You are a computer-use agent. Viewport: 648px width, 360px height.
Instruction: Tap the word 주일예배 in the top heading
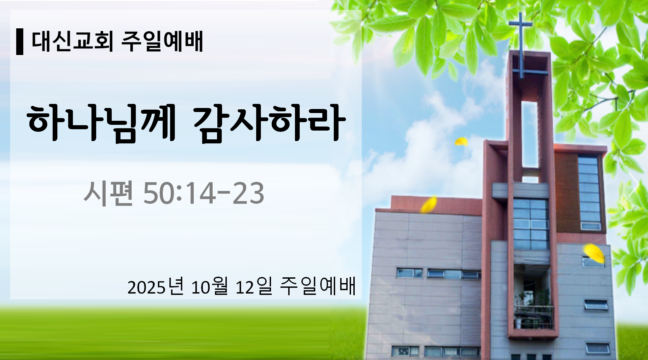162,41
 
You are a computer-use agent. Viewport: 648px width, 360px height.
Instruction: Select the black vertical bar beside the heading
20,42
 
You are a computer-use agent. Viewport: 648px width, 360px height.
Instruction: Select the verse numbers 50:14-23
204,193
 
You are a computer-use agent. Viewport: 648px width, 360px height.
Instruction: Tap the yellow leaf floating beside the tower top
461,141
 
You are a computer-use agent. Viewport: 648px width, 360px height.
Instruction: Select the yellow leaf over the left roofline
429,204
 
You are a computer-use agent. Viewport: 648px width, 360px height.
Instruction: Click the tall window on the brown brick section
589,193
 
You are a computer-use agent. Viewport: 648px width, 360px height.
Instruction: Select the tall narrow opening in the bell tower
530,134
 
